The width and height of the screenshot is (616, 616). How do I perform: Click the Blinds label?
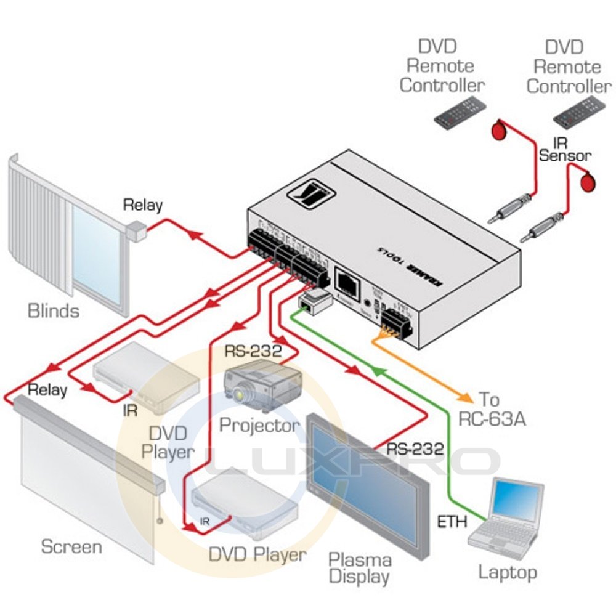tap(54, 310)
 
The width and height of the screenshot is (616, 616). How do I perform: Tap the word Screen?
tap(71, 546)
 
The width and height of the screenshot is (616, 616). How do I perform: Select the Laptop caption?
tap(508, 572)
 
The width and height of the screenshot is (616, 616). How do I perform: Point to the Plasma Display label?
tap(359, 568)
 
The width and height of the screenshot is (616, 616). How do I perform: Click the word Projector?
tap(259, 424)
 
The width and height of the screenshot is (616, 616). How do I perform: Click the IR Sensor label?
tap(565, 148)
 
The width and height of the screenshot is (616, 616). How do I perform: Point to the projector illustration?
tap(263, 384)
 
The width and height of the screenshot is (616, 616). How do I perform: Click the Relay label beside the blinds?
tap(142, 205)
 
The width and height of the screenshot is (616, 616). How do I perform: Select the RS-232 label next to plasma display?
tap(415, 449)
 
